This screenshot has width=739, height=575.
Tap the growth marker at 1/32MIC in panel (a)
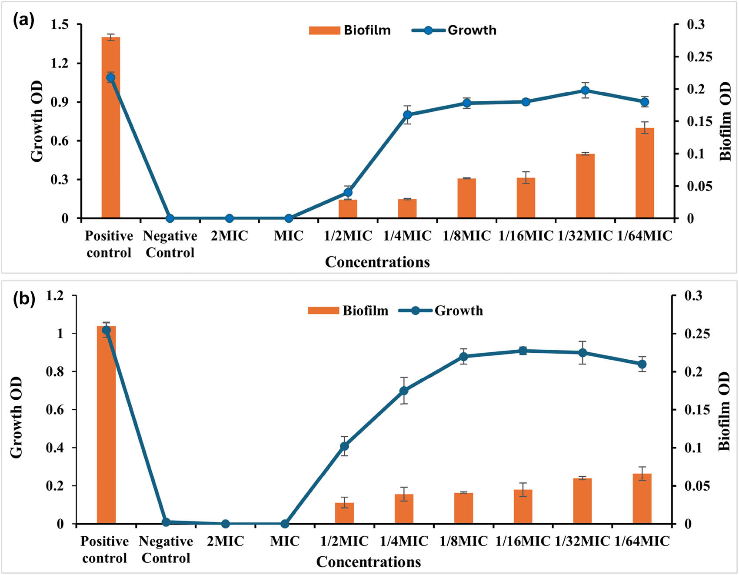point(585,90)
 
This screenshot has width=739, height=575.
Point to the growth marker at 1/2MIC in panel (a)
point(348,192)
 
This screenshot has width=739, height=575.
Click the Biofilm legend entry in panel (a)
point(350,30)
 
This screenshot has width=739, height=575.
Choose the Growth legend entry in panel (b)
point(441,311)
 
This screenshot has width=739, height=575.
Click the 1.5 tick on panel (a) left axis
point(60,25)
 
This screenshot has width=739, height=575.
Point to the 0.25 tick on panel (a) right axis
point(699,57)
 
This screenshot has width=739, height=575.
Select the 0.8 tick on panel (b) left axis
point(55,371)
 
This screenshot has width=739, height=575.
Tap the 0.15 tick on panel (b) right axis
point(697,410)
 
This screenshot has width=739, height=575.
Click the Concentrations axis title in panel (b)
point(369,562)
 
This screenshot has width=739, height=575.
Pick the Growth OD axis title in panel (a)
point(37,121)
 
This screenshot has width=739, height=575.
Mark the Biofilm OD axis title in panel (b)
point(724,411)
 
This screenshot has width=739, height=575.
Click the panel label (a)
point(23,20)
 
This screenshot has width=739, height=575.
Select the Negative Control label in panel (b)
point(166,549)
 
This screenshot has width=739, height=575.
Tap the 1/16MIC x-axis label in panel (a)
point(526,236)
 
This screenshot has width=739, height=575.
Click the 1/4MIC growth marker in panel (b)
point(404,391)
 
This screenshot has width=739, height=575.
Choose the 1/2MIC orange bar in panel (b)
point(344,513)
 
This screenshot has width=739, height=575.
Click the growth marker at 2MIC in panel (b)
point(225,524)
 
